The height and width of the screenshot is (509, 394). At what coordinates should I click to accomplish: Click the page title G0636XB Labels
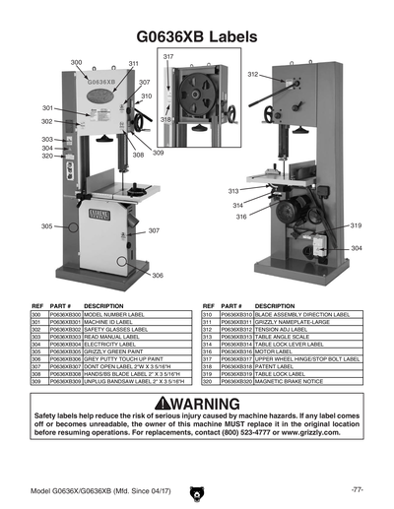(x=197, y=34)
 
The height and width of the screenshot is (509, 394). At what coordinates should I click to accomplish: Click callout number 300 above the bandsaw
(x=77, y=62)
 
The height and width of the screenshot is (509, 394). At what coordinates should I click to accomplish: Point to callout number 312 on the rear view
(x=252, y=74)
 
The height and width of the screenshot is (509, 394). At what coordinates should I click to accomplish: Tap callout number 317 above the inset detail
(x=167, y=56)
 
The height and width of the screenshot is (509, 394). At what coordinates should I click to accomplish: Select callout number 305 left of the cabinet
(x=46, y=226)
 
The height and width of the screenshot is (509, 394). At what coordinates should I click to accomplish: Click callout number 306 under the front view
(x=158, y=276)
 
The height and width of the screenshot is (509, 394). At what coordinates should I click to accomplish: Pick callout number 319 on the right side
(x=357, y=225)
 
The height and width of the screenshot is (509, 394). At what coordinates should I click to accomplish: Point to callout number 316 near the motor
(x=241, y=217)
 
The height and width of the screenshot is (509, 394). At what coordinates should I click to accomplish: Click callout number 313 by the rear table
(x=233, y=191)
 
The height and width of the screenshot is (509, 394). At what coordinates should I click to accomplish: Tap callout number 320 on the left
(x=47, y=156)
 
